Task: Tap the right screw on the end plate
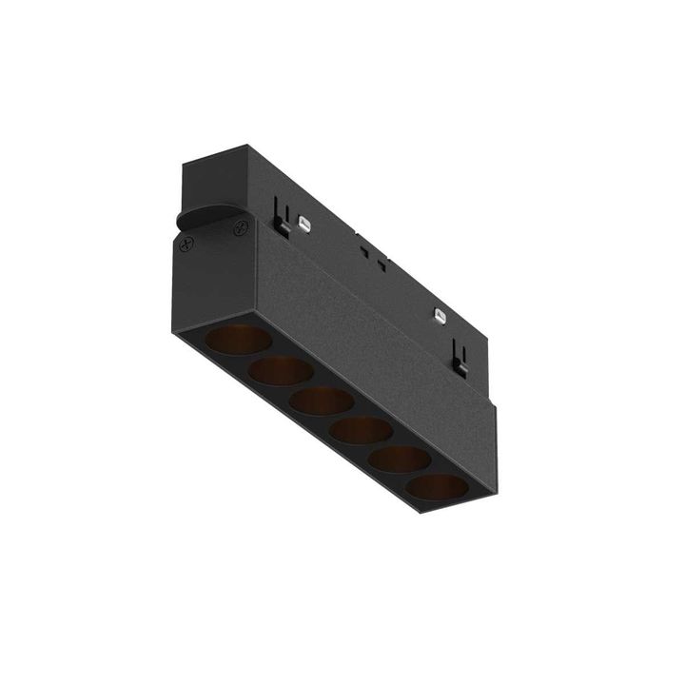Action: pyautogui.click(x=241, y=226)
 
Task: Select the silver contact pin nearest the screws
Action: pyautogui.click(x=303, y=223)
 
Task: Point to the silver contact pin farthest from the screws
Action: pyautogui.click(x=440, y=314)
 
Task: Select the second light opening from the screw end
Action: pyautogui.click(x=281, y=371)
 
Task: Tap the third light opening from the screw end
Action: pyautogui.click(x=322, y=401)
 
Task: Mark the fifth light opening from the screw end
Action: pyautogui.click(x=400, y=460)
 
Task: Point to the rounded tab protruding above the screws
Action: pyautogui.click(x=205, y=214)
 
